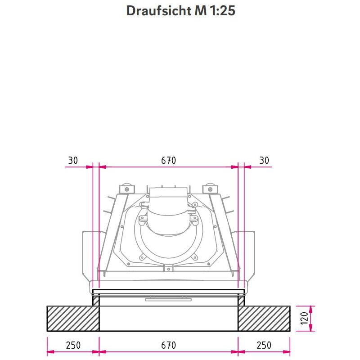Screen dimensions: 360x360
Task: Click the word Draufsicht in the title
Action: (158, 11)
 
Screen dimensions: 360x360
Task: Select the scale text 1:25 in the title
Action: (222, 11)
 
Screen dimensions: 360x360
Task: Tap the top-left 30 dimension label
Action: (73, 161)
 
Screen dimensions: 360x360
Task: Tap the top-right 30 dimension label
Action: (264, 161)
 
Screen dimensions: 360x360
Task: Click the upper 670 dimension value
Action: (168, 161)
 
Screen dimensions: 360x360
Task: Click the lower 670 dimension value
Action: (168, 346)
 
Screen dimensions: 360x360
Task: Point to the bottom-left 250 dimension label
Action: (73, 346)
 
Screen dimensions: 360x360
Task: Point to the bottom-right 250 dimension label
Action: (264, 346)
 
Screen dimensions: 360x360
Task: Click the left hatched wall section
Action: (73, 319)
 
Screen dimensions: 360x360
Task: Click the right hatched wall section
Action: (264, 319)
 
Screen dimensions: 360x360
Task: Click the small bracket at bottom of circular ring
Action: (168, 268)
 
